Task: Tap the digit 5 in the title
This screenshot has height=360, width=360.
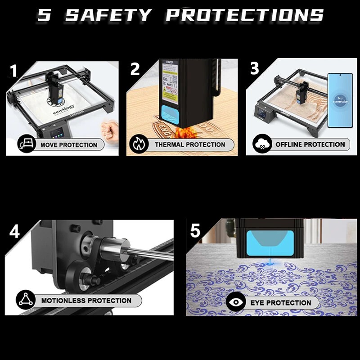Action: pyautogui.click(x=44, y=14)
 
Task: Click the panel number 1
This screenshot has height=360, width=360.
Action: pyautogui.click(x=14, y=71)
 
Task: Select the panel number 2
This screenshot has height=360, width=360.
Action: pyautogui.click(x=135, y=69)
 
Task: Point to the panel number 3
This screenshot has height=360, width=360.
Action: pyautogui.click(x=255, y=68)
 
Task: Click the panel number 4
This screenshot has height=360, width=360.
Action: pyautogui.click(x=15, y=231)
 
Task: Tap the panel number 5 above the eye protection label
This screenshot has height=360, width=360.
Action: pyautogui.click(x=195, y=231)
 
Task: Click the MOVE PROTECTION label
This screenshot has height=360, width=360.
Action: pyautogui.click(x=68, y=145)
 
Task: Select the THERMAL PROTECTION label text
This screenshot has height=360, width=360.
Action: pyautogui.click(x=190, y=144)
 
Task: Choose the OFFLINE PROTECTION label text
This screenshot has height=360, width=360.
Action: pyautogui.click(x=310, y=144)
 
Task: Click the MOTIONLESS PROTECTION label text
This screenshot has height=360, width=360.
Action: pyautogui.click(x=86, y=300)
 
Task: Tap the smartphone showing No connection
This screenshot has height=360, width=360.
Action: pyautogui.click(x=340, y=100)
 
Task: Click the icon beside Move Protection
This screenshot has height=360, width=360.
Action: pyautogui.click(x=26, y=145)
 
